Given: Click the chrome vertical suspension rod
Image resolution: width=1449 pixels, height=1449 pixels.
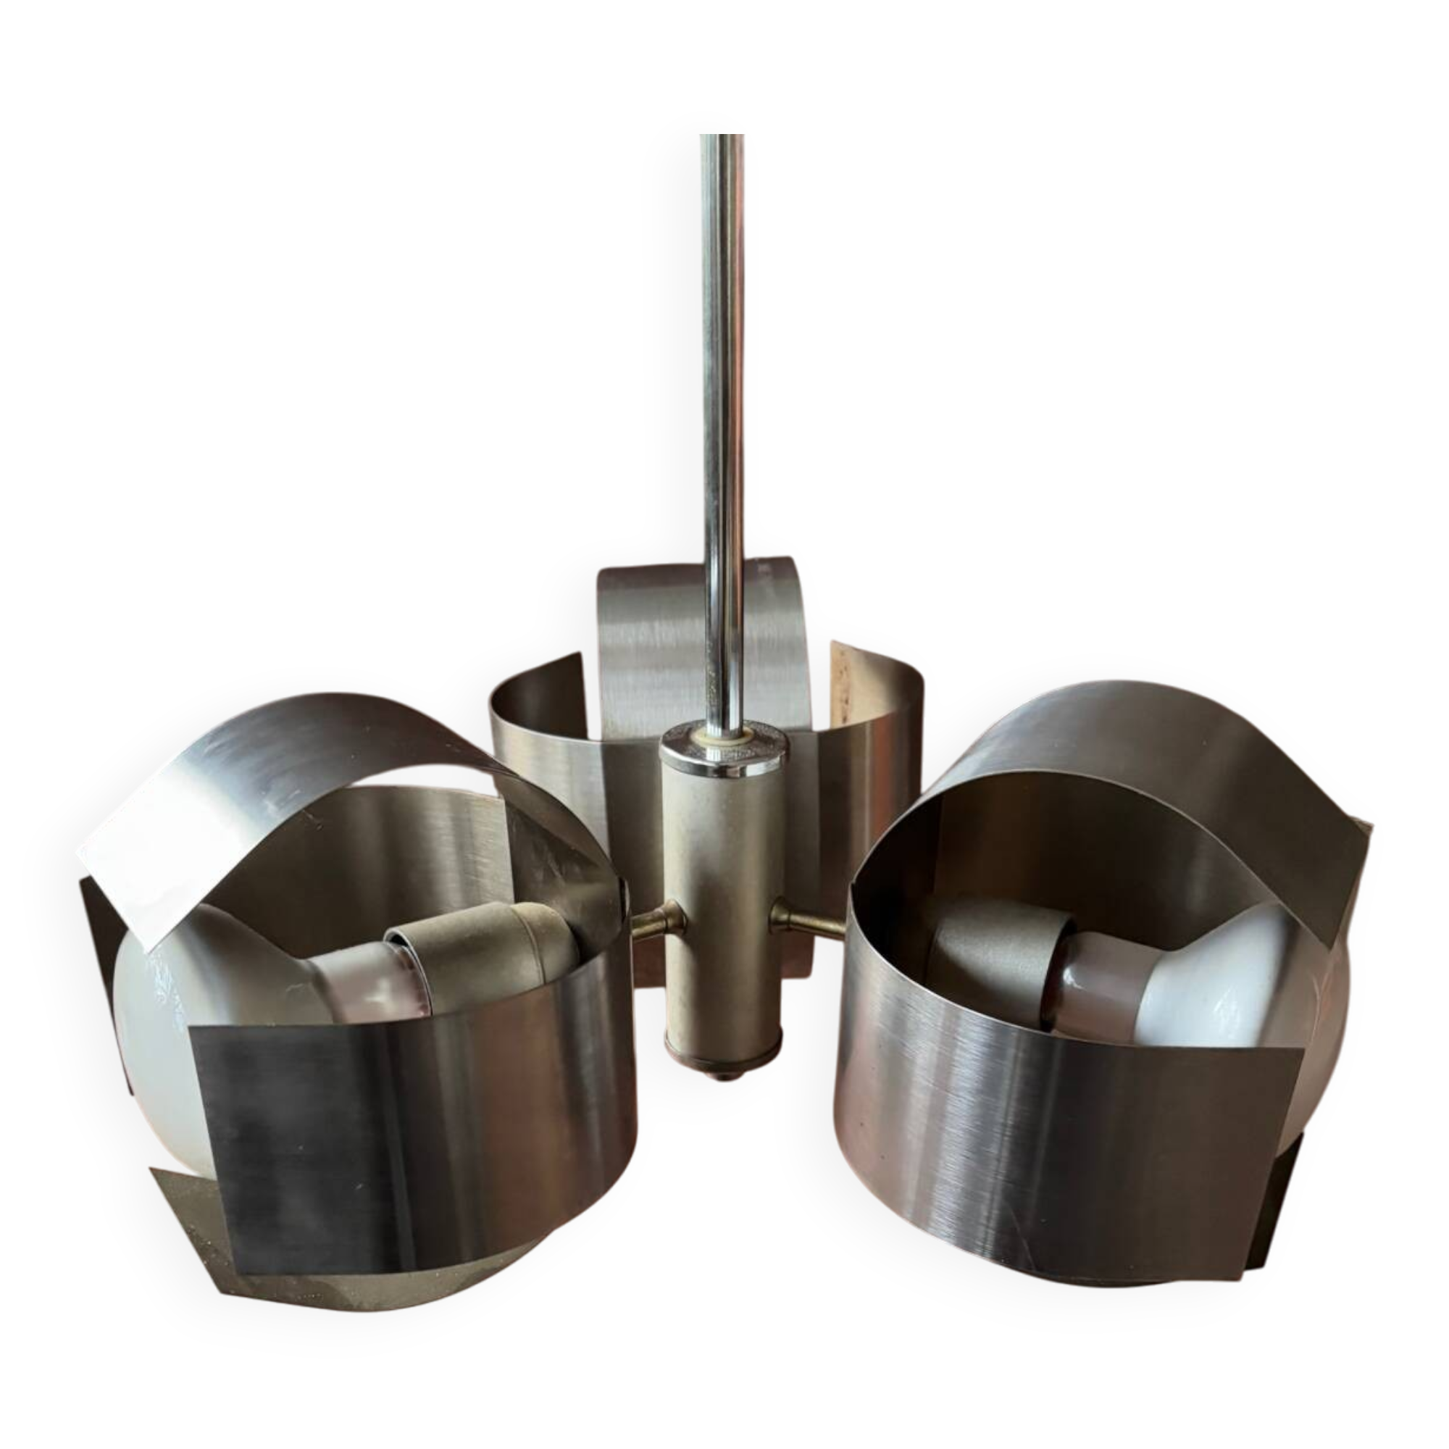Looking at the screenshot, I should [x=718, y=375].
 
